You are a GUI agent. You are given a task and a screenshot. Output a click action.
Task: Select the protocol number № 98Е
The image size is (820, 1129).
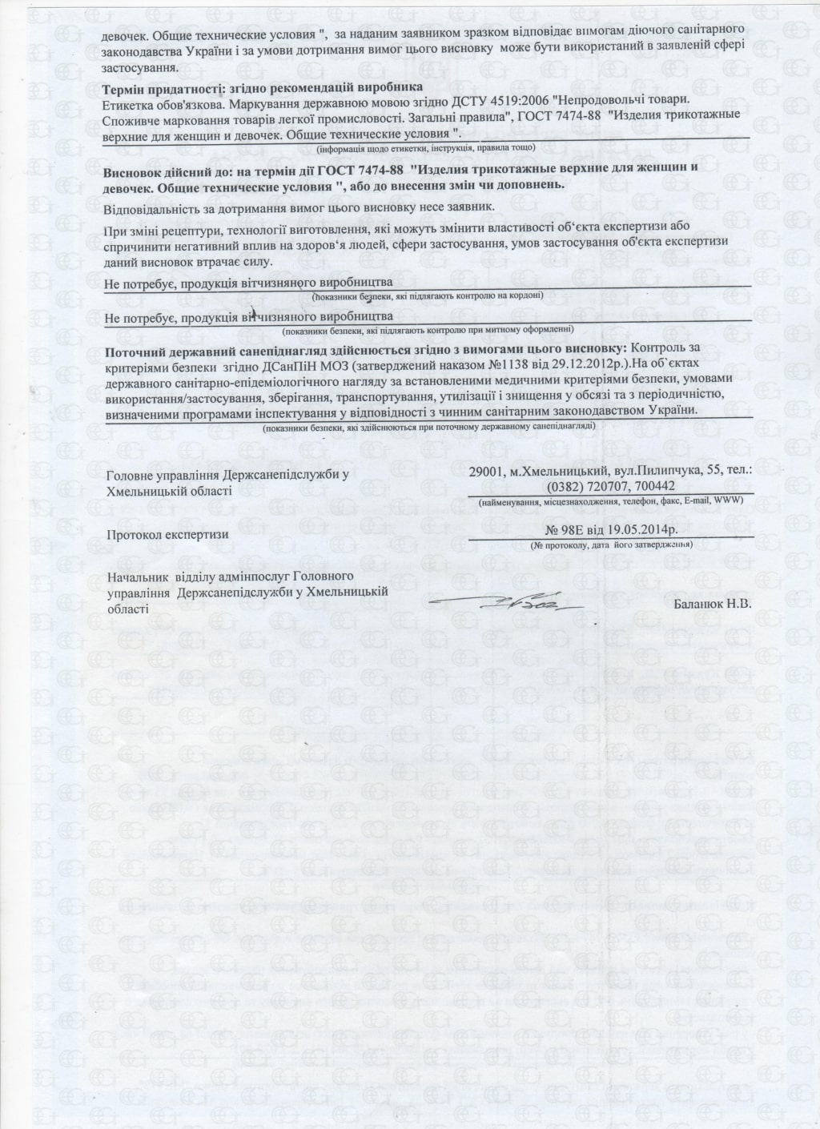pyautogui.click(x=566, y=530)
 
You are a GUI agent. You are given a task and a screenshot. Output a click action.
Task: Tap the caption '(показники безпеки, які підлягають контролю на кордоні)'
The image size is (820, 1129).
pyautogui.click(x=428, y=296)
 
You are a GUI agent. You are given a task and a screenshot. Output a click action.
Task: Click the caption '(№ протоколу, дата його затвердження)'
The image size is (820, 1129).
pyautogui.click(x=611, y=544)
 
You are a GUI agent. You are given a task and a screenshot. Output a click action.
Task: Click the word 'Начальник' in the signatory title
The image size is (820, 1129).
pyautogui.click(x=138, y=577)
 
